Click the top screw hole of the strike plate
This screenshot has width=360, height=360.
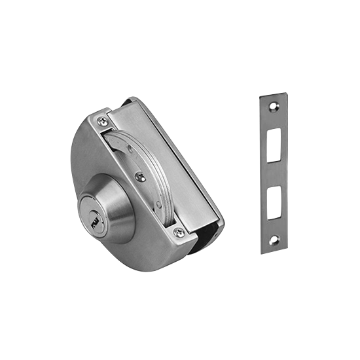[x=272, y=105]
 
